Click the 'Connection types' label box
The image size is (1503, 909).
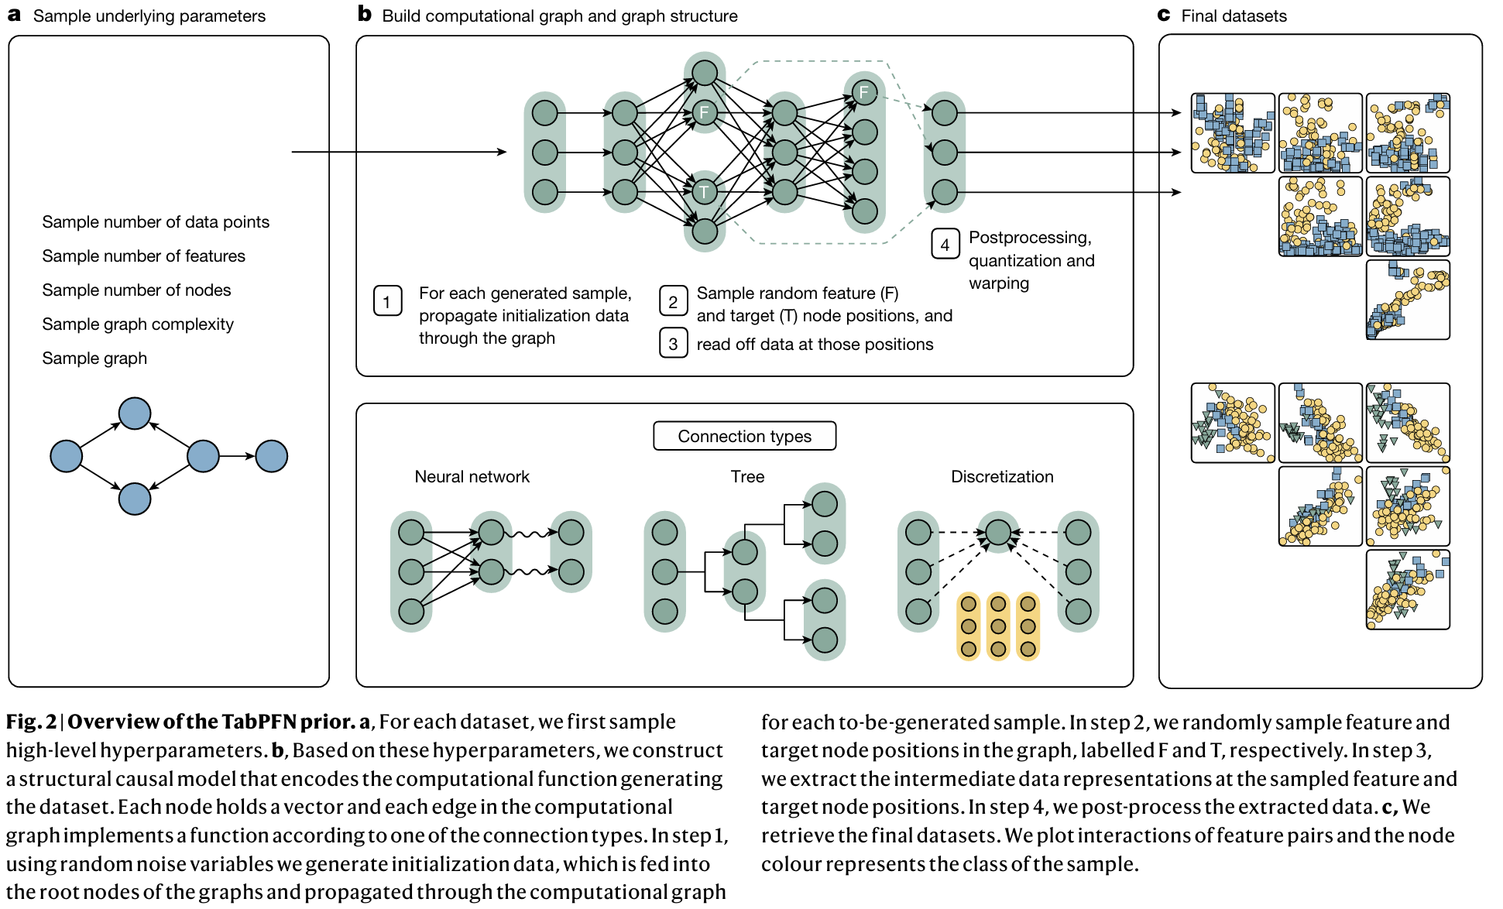[x=744, y=436]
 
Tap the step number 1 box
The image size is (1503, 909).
[x=387, y=301]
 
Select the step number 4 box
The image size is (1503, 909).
[x=945, y=245]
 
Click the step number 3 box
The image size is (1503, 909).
[x=673, y=344]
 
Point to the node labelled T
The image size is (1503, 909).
[x=704, y=192]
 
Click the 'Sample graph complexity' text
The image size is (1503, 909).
[x=138, y=324]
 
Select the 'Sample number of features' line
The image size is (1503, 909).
[x=143, y=256]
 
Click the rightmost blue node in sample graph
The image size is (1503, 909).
[x=271, y=456]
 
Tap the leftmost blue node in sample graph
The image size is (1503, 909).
[x=67, y=456]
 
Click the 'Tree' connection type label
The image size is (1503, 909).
[x=747, y=477]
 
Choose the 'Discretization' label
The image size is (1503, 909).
[x=1002, y=477]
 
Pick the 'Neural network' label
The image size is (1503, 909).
[x=472, y=477]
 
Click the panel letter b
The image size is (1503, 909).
[x=365, y=14]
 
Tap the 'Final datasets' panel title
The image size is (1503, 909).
[x=1234, y=16]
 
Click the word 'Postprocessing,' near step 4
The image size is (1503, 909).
[x=1030, y=238]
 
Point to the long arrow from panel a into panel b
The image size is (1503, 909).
[x=399, y=152]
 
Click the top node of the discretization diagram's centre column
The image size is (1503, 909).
[x=998, y=532]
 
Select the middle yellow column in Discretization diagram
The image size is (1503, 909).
[x=998, y=626]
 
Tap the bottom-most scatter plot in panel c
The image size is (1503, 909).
[x=1408, y=589]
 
